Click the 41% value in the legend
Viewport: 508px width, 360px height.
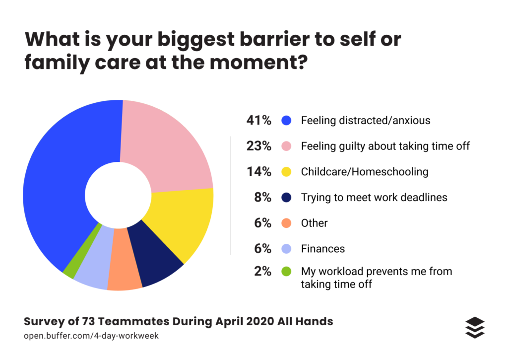pyautogui.click(x=259, y=120)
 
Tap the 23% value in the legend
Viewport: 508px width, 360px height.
pyautogui.click(x=259, y=146)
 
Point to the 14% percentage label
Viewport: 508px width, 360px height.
pyautogui.click(x=259, y=172)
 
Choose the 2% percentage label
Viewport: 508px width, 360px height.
pyautogui.click(x=263, y=271)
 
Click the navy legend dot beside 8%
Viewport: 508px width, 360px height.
pyautogui.click(x=286, y=197)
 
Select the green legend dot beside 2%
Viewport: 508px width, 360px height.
pyautogui.click(x=286, y=271)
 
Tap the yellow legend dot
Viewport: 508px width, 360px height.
pyautogui.click(x=286, y=172)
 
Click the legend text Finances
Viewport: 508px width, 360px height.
pyautogui.click(x=322, y=249)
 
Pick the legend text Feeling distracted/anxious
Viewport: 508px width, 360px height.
pyautogui.click(x=366, y=120)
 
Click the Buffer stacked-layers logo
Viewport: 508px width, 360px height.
pyautogui.click(x=475, y=328)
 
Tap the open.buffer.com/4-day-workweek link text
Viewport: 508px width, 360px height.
pyautogui.click(x=91, y=336)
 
